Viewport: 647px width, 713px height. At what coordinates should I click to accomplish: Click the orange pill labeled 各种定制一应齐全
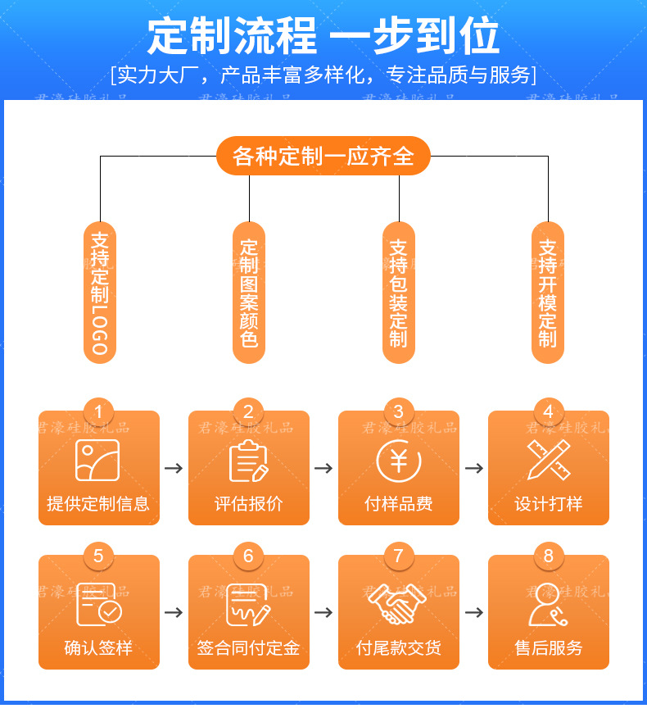tap(323, 156)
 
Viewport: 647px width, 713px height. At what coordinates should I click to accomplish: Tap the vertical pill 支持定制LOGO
tap(100, 292)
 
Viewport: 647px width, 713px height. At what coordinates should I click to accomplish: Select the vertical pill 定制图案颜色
tap(249, 292)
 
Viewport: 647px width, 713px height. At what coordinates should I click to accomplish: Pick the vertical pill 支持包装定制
tap(399, 292)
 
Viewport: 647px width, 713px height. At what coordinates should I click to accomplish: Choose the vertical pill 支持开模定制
tap(548, 292)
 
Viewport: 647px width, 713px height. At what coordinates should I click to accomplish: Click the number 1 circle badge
tap(99, 411)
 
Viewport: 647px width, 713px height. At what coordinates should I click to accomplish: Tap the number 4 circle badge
tap(548, 411)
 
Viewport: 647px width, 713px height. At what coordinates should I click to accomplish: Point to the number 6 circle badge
tap(249, 556)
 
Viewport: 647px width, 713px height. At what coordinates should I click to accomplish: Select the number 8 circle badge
tap(548, 556)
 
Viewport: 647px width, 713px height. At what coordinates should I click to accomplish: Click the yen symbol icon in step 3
tap(399, 460)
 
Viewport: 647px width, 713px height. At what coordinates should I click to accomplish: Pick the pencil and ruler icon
tap(548, 460)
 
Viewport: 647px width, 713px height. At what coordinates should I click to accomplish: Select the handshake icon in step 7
tap(399, 606)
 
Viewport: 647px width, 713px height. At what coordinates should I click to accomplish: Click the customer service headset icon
tap(548, 606)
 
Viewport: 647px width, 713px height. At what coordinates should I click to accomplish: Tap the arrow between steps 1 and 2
tap(174, 468)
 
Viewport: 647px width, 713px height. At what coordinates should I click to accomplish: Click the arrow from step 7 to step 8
tap(473, 612)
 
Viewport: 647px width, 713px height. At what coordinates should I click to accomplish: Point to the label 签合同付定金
tap(249, 648)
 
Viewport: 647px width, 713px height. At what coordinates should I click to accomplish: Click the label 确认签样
tap(98, 648)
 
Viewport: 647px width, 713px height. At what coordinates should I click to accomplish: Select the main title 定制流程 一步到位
tap(323, 37)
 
